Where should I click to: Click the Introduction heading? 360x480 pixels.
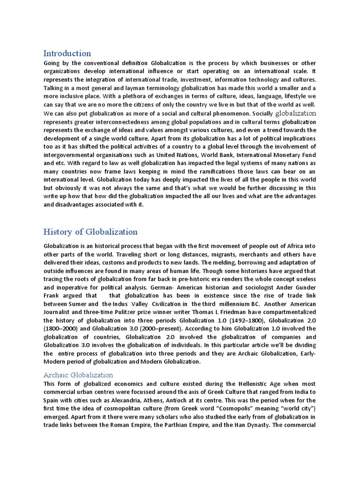click(x=67, y=53)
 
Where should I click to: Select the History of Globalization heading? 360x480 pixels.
click(x=90, y=232)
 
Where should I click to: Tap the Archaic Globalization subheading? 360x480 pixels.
click(x=78, y=375)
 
